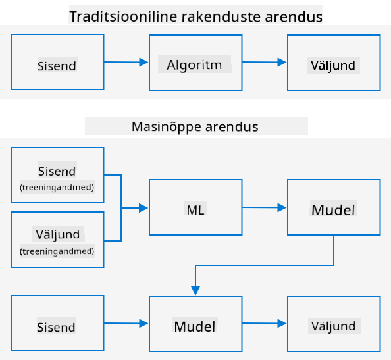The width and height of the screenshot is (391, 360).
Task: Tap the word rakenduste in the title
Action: click(x=221, y=16)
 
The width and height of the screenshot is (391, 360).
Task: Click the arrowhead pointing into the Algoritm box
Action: click(x=143, y=62)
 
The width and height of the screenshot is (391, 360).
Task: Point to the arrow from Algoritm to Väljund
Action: click(x=265, y=62)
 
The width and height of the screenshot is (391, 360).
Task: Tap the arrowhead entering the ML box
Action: click(x=143, y=208)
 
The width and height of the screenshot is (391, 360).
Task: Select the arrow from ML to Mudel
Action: click(x=265, y=207)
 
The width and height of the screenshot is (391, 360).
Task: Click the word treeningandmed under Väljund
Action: click(x=57, y=251)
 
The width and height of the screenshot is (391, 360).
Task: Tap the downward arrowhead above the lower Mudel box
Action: click(x=195, y=291)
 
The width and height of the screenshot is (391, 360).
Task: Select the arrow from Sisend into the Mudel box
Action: click(x=126, y=323)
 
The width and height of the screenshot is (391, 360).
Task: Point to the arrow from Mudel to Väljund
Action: click(x=265, y=323)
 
